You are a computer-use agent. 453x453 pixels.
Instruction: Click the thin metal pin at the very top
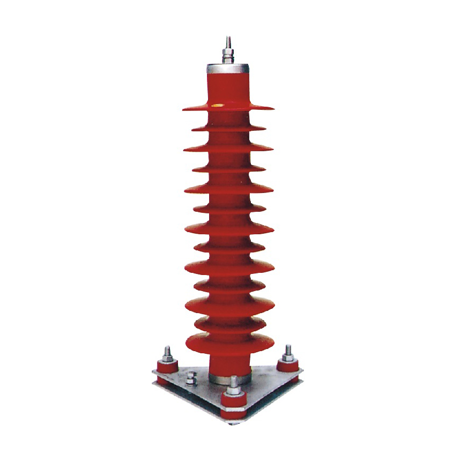coord(228,41)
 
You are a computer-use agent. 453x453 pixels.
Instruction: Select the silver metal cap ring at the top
coord(228,69)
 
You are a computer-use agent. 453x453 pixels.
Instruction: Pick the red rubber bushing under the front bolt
coord(234,401)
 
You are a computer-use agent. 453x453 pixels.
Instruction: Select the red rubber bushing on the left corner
coord(166,369)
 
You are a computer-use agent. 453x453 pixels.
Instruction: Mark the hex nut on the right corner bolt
coord(288,357)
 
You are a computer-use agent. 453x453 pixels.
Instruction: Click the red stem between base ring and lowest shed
coord(229,363)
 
